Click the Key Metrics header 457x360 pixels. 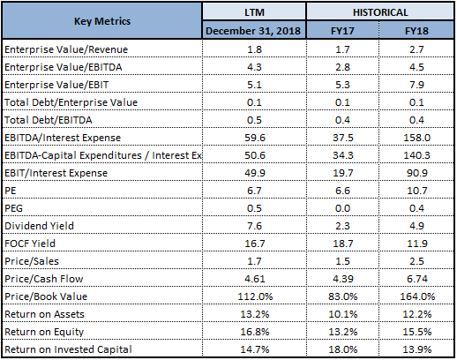(102, 21)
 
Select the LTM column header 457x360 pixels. (254, 12)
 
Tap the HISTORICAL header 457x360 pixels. (380, 12)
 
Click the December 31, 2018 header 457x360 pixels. (253, 31)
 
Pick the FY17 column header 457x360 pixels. (342, 31)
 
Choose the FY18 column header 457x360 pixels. (416, 31)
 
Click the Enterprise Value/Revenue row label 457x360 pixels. (66, 49)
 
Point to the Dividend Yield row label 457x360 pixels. (39, 226)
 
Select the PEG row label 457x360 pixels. (13, 208)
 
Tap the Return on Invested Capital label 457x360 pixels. (68, 349)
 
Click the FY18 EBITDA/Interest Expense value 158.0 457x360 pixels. (416, 138)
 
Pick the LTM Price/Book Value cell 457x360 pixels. (255, 296)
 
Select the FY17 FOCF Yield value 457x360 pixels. (342, 244)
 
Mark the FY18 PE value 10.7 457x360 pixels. (416, 191)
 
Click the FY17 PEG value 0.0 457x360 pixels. (342, 208)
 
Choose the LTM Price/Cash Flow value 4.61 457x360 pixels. (255, 279)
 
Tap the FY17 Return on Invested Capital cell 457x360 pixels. (343, 349)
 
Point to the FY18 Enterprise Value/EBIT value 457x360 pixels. (416, 85)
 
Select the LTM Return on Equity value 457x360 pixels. (255, 332)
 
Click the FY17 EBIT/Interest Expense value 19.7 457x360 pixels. (342, 173)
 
